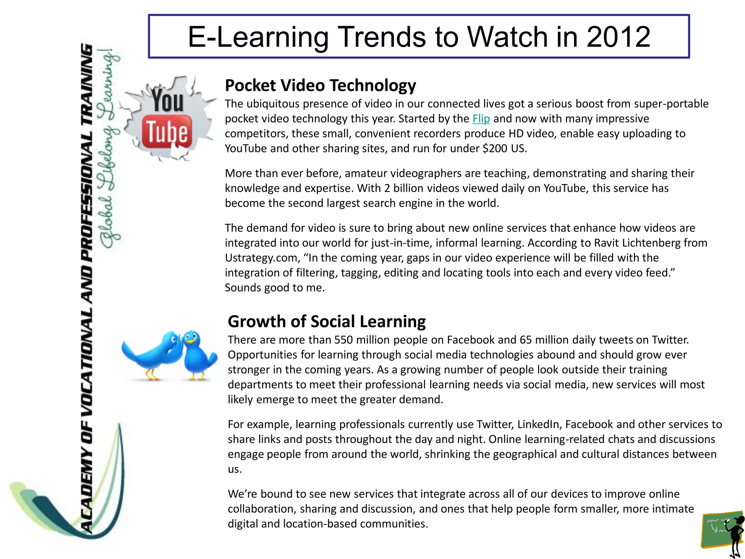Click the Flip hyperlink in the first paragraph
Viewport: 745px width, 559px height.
[481, 119]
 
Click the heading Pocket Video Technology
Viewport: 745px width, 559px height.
[320, 86]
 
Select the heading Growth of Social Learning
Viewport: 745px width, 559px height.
[326, 322]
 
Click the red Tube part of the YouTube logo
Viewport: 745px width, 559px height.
[167, 132]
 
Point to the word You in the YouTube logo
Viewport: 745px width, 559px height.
[168, 101]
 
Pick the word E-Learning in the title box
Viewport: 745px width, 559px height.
[258, 37]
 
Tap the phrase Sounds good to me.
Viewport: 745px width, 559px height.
[275, 288]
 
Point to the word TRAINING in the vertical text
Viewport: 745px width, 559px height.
[87, 70]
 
